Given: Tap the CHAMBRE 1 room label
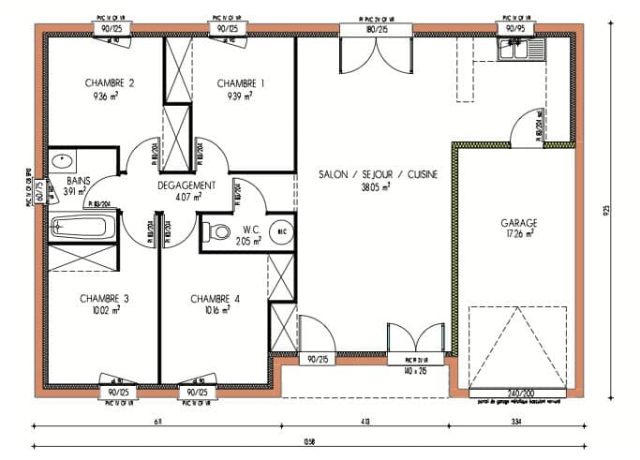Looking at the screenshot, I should (240, 83).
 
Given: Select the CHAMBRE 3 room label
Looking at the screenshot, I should (104, 299).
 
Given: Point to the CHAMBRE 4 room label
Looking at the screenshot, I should (216, 299).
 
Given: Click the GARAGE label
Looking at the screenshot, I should (518, 223).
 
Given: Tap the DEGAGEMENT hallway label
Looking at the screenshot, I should (187, 185).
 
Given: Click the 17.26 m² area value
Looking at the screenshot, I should (517, 234).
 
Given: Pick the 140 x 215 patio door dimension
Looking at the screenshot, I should (414, 371).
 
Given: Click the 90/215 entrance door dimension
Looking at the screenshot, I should (316, 359).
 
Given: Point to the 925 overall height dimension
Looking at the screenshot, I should (606, 212).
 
